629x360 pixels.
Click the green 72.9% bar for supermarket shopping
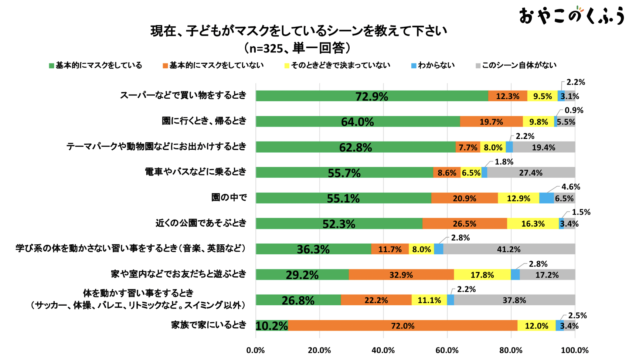coord(371,96)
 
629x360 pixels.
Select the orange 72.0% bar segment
coord(403,326)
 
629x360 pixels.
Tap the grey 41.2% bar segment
coord(509,249)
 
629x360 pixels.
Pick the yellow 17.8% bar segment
coord(482,275)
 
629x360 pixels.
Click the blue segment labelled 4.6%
coord(546,198)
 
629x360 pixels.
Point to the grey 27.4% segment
coord(531,173)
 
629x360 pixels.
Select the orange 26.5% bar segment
coord(465,224)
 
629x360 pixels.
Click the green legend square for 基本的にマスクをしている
coord(51,66)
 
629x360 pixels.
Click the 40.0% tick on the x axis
coord(383,350)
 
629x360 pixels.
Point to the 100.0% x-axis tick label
coord(575,350)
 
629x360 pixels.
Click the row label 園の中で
coord(229,197)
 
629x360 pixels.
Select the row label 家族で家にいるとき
coord(208,325)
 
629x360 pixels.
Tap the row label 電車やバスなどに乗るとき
coord(195,172)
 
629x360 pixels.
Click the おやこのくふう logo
coord(571,16)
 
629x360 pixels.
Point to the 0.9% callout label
coord(574,110)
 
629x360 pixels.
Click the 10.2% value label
coord(271,326)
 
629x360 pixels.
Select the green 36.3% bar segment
coord(313,249)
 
